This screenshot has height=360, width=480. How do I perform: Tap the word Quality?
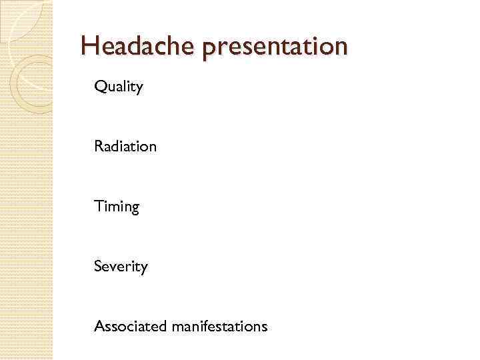119,87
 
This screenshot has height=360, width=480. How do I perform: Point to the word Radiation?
125,146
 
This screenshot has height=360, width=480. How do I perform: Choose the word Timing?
117,207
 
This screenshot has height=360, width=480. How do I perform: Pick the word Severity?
121,267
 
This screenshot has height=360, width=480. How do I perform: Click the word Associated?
130,326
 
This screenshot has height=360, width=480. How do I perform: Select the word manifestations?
219,326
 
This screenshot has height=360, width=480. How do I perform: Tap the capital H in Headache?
89,46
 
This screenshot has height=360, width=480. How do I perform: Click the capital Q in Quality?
100,87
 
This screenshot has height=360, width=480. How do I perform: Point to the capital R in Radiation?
99,146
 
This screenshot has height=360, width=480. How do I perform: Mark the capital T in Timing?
99,206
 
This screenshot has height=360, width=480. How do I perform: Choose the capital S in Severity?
98,267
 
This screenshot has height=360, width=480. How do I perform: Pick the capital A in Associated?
99,326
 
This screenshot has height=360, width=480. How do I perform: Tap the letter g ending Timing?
135,209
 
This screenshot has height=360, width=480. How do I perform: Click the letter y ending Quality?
139,89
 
